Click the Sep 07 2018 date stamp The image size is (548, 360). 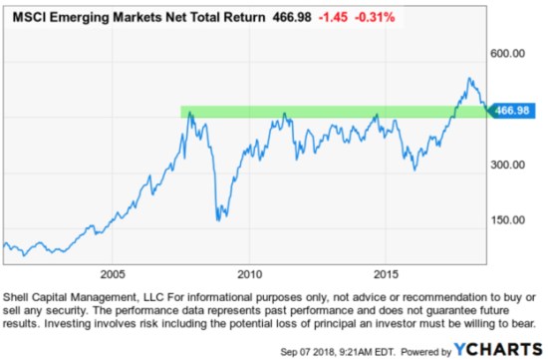pyautogui.click(x=337, y=349)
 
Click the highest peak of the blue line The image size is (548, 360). pyautogui.click(x=468, y=79)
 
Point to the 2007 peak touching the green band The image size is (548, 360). pyautogui.click(x=188, y=113)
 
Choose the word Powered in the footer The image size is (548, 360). pyautogui.click(x=421, y=349)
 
